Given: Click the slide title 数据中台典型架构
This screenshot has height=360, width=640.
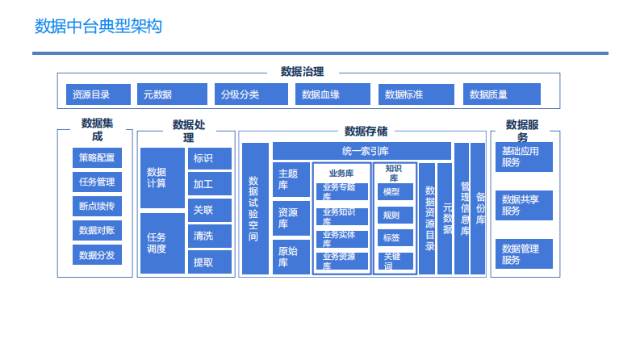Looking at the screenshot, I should click(x=98, y=27).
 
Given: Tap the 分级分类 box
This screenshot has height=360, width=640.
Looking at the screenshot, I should click(x=251, y=94).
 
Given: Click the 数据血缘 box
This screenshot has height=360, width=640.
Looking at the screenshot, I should click(x=333, y=94).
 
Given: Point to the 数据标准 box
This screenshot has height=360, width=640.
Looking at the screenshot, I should click(x=416, y=94).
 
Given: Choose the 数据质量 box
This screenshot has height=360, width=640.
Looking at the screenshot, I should click(x=501, y=94).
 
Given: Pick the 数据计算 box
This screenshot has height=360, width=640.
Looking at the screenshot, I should click(x=162, y=178).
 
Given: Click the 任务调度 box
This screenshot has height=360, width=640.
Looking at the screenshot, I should click(x=162, y=243).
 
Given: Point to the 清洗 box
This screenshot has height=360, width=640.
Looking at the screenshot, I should click(x=209, y=237).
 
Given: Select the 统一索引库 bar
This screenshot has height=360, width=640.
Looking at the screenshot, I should click(x=361, y=151).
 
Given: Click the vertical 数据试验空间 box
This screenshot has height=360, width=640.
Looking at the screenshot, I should click(x=254, y=209).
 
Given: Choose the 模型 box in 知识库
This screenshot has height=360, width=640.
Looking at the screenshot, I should click(x=395, y=192).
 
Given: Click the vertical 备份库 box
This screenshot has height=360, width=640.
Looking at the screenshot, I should click(x=479, y=209).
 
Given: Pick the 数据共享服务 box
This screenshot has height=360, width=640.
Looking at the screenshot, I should click(x=524, y=205).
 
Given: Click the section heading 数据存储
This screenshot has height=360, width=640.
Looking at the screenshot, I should click(x=366, y=131).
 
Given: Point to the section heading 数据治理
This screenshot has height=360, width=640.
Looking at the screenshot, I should click(x=307, y=73).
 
